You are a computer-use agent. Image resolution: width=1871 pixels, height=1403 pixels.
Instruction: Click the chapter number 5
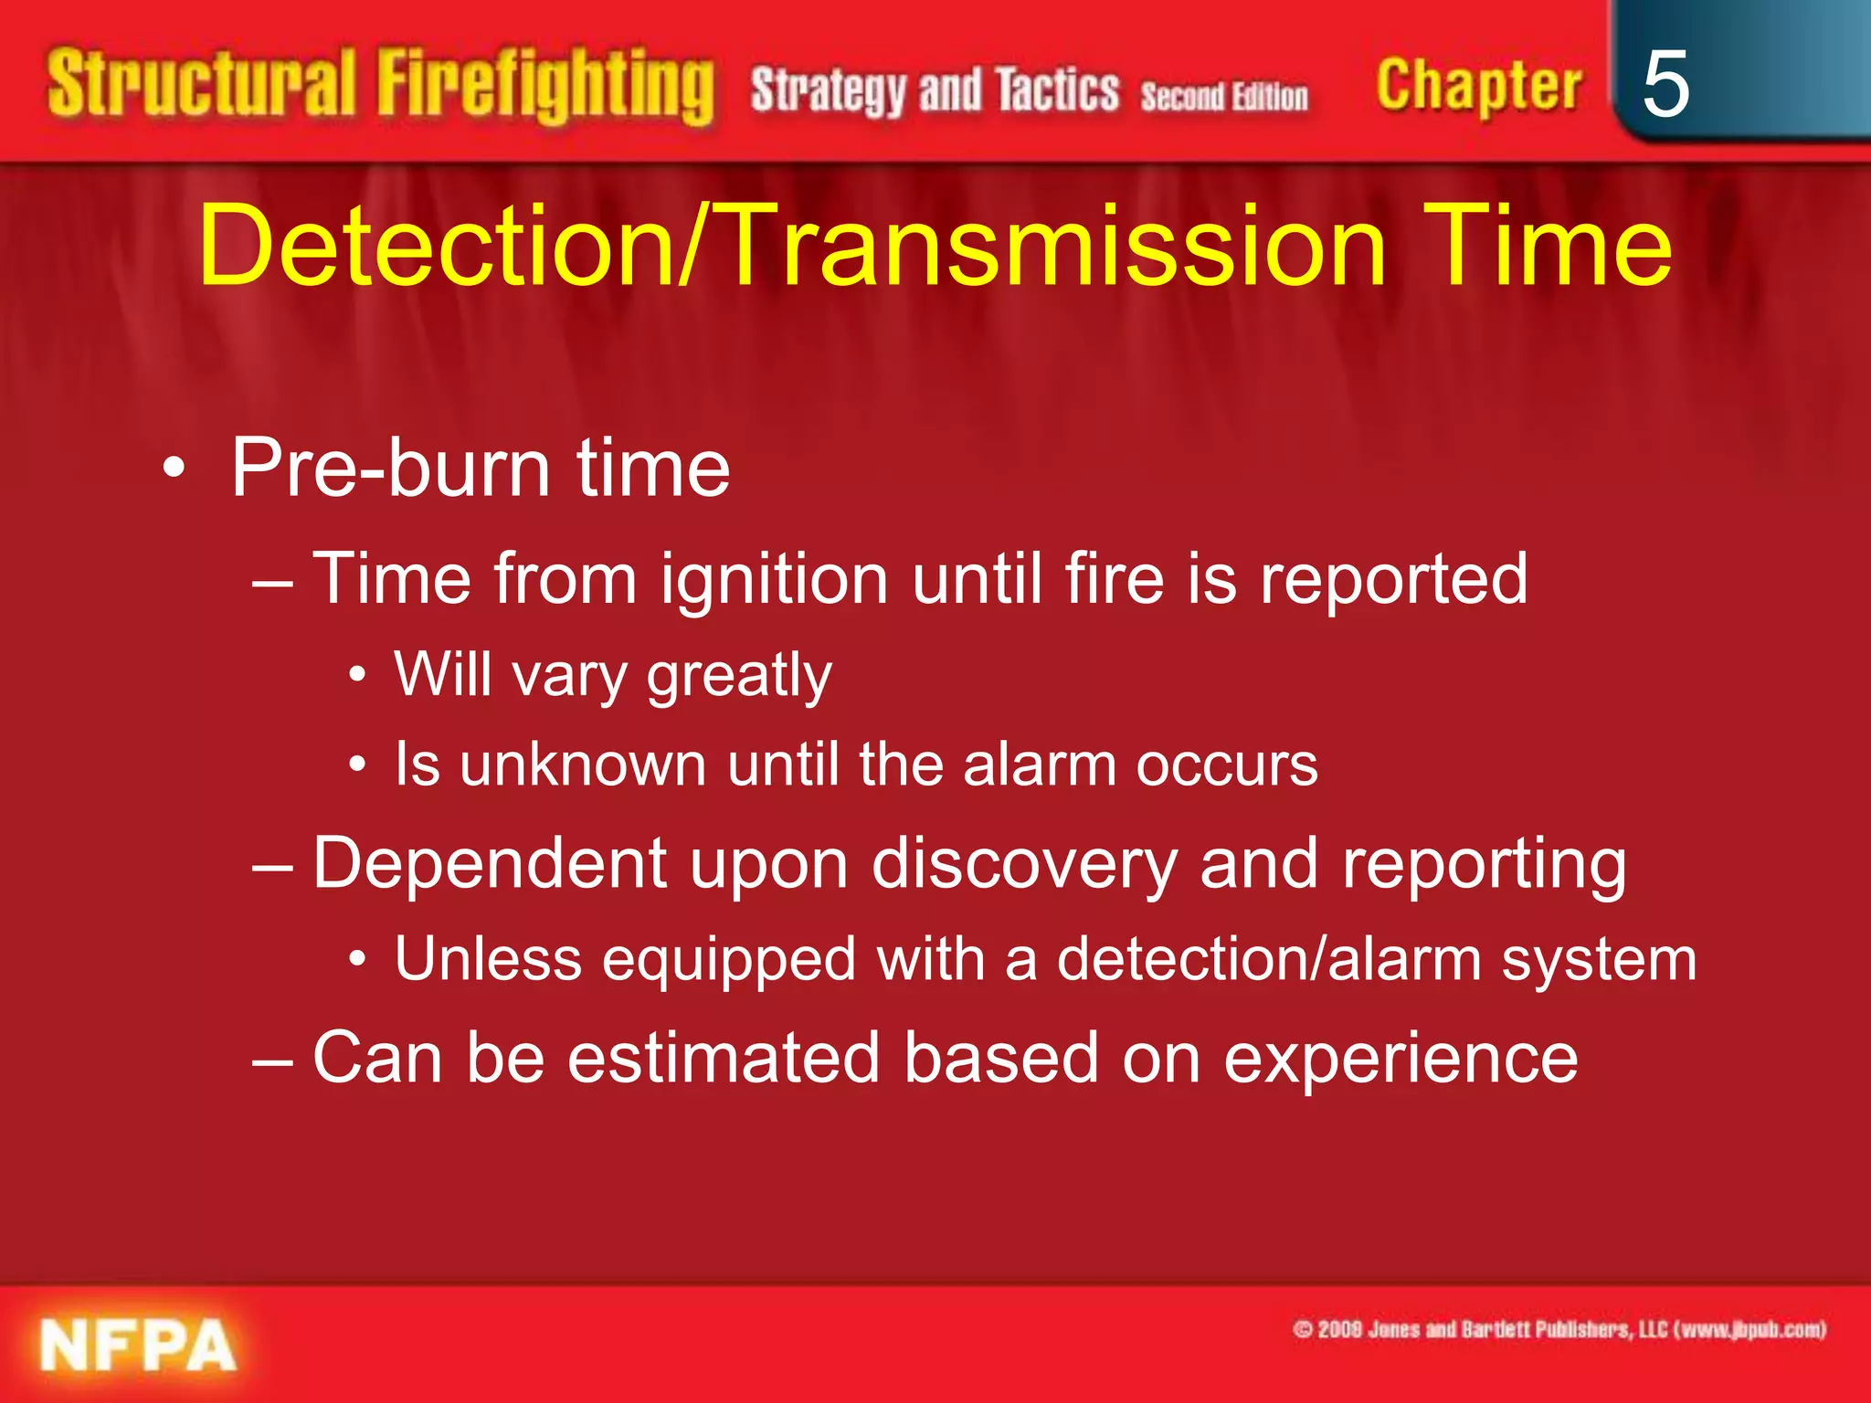(1665, 84)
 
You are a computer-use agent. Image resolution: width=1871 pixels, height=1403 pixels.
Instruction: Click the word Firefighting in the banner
(545, 87)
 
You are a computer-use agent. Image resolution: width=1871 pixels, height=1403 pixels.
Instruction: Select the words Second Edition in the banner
(1223, 96)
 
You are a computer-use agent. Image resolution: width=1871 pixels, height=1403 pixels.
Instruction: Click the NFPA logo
(138, 1345)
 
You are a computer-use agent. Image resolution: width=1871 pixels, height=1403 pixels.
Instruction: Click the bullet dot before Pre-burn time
(174, 470)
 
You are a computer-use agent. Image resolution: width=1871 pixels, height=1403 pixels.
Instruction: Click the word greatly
(739, 677)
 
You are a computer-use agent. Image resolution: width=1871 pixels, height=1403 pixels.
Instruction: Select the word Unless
(488, 959)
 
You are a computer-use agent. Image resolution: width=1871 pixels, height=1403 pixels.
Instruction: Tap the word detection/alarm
(1269, 959)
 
